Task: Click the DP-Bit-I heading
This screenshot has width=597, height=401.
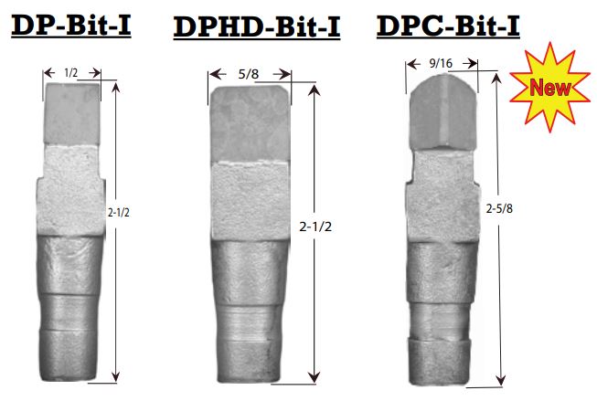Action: click(x=71, y=26)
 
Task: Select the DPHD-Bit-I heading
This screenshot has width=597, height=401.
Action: click(x=257, y=27)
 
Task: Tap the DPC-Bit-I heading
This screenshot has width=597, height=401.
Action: click(x=448, y=26)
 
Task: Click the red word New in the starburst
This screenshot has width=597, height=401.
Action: click(x=549, y=87)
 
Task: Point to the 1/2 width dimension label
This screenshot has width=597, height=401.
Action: click(x=71, y=73)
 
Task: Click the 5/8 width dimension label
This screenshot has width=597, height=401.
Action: click(x=249, y=74)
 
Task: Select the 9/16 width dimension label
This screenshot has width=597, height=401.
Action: click(x=441, y=63)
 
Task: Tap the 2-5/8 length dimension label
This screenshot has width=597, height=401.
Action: click(x=499, y=208)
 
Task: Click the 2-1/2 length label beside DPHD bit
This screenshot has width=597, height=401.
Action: click(x=315, y=227)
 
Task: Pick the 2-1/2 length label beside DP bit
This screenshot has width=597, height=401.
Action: click(x=119, y=213)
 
